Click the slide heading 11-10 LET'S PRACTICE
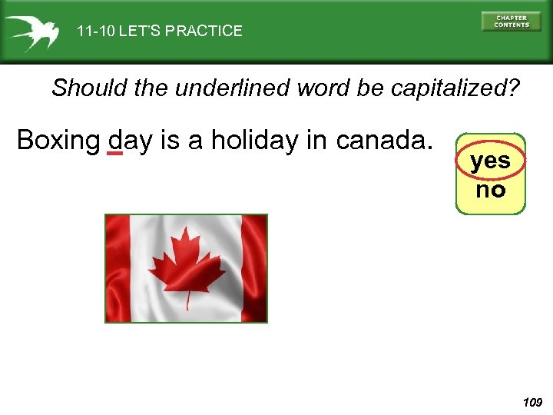pos(159,32)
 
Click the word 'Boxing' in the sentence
pos(58,141)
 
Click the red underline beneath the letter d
pos(114,154)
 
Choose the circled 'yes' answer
pos(490,161)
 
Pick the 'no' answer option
pos(490,190)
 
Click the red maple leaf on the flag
pos(187,262)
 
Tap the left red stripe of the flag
pos(118,268)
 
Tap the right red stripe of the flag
pos(254,268)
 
